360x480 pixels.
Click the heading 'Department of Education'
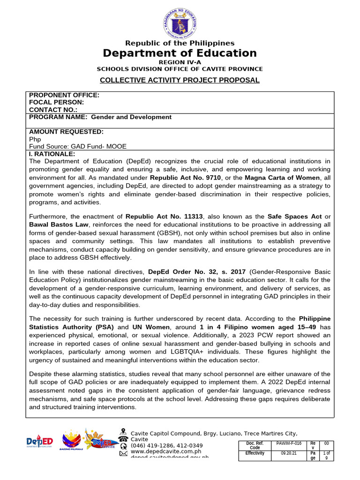tap(180, 53)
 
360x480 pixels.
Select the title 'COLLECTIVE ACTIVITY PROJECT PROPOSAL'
tap(180, 80)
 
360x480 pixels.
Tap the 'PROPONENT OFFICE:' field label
tap(64, 95)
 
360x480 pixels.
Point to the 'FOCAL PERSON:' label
tap(57, 102)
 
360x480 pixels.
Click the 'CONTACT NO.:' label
tap(53, 109)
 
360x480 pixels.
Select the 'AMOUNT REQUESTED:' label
tap(66, 132)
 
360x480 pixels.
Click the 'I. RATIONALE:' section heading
tap(52, 154)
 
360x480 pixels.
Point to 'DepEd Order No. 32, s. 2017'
tap(197, 272)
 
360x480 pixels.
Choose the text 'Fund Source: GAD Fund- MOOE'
tap(78, 146)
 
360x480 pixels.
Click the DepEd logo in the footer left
tap(39, 442)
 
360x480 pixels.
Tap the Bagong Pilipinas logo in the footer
tap(71, 440)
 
